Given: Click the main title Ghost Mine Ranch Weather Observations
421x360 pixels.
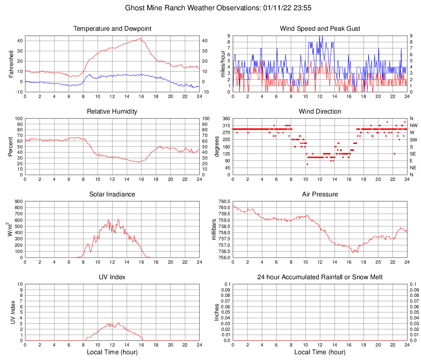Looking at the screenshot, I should [210, 8].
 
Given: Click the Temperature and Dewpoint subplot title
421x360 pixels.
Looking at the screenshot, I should [112, 29].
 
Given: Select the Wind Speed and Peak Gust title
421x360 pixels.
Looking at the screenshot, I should [320, 29].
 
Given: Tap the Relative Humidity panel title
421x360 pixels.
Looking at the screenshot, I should [112, 112].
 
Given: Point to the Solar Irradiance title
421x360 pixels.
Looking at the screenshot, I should [112, 194].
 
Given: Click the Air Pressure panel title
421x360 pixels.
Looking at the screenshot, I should [320, 194].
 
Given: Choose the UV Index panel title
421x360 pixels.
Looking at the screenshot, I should [112, 277].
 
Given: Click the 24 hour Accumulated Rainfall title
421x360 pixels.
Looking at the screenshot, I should [320, 277].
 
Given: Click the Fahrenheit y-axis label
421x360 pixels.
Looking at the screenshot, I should [11, 64].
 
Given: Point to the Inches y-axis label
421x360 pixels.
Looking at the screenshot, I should [217, 312].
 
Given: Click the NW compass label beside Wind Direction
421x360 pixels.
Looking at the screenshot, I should [413, 125].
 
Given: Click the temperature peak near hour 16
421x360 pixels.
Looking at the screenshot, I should [140, 39].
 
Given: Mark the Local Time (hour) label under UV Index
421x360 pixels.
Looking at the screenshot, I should [112, 352].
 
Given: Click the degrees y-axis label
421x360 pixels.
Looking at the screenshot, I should [217, 146].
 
